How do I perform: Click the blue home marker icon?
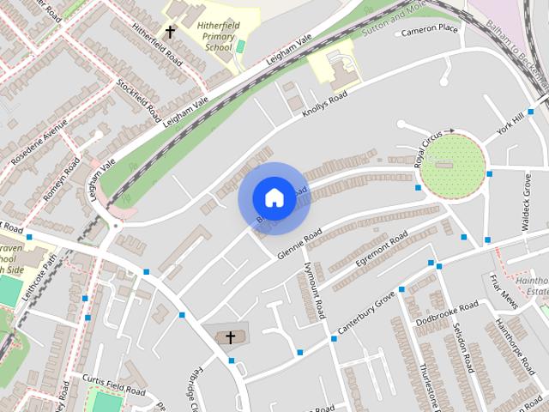(x=274, y=197)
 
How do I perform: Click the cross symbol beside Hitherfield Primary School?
(x=170, y=33)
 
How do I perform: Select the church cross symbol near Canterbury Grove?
(x=230, y=337)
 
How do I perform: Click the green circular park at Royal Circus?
(x=453, y=165)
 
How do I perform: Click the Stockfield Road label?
(x=140, y=101)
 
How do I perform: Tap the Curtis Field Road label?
(x=113, y=384)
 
